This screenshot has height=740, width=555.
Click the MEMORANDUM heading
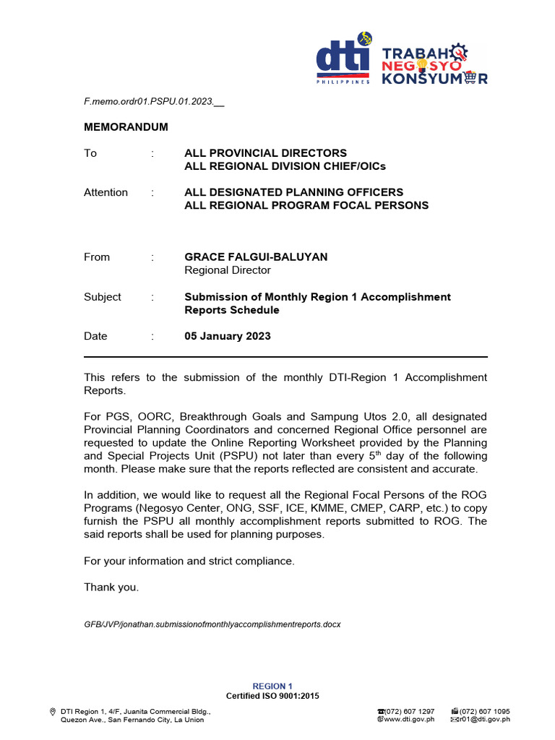coord(126,127)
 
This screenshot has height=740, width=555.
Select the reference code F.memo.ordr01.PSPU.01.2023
coord(150,102)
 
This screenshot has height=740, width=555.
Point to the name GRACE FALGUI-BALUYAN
coord(256,257)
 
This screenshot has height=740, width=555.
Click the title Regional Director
coord(228,270)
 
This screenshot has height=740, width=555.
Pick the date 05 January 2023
coord(228,336)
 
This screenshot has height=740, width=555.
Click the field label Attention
coord(106,192)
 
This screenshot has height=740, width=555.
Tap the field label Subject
coord(103,297)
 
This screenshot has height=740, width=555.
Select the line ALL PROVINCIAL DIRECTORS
coord(265,153)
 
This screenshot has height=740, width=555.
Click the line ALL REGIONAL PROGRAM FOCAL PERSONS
coord(306,205)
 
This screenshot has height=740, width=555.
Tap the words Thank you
coord(111,588)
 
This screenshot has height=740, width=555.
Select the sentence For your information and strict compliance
coord(189,562)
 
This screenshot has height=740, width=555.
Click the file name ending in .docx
coord(212,624)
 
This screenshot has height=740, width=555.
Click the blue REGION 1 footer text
coord(272,686)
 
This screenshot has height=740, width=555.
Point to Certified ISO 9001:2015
coord(272,696)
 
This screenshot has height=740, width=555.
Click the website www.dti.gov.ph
coord(409,719)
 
